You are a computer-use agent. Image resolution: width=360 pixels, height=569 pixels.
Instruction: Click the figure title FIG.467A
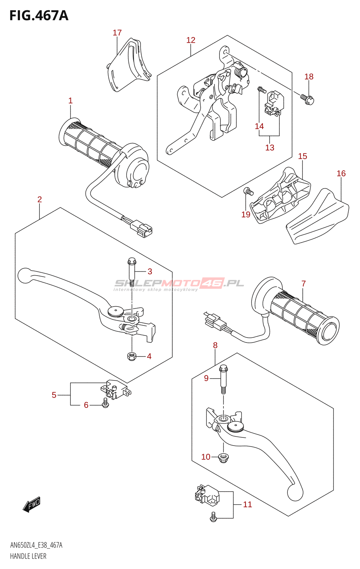coord(39,16)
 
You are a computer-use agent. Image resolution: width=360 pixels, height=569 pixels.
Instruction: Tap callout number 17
coord(117,33)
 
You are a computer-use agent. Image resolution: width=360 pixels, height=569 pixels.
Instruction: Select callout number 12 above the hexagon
coord(191,40)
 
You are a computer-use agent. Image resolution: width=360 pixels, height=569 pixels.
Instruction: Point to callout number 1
coord(70,101)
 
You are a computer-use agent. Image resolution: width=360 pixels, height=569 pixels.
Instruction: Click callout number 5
coord(54,395)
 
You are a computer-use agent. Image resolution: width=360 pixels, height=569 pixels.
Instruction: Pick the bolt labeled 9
coord(223,379)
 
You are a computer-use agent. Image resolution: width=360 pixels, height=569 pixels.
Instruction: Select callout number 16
coord(341,174)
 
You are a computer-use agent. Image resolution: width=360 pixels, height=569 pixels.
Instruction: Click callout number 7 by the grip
coord(303,283)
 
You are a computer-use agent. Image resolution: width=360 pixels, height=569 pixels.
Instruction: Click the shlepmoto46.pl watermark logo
coord(179,284)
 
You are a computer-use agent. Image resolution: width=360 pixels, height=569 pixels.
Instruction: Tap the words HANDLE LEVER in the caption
coord(28,556)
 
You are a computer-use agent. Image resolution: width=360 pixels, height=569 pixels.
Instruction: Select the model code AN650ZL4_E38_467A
coord(36,545)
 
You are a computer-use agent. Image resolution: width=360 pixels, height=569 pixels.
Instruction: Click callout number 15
coord(303,156)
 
